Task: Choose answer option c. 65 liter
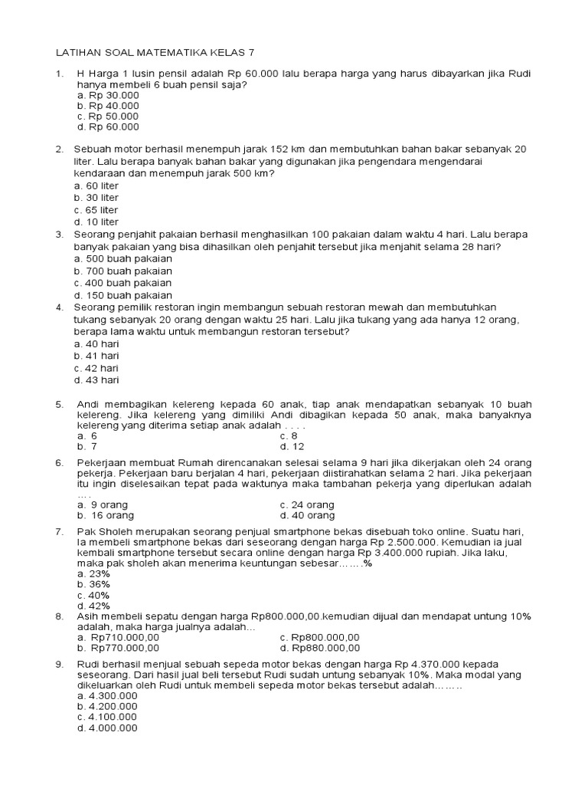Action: click(x=96, y=209)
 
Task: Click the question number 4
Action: click(x=59, y=307)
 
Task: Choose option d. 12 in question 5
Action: click(x=292, y=446)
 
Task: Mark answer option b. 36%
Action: click(x=93, y=583)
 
